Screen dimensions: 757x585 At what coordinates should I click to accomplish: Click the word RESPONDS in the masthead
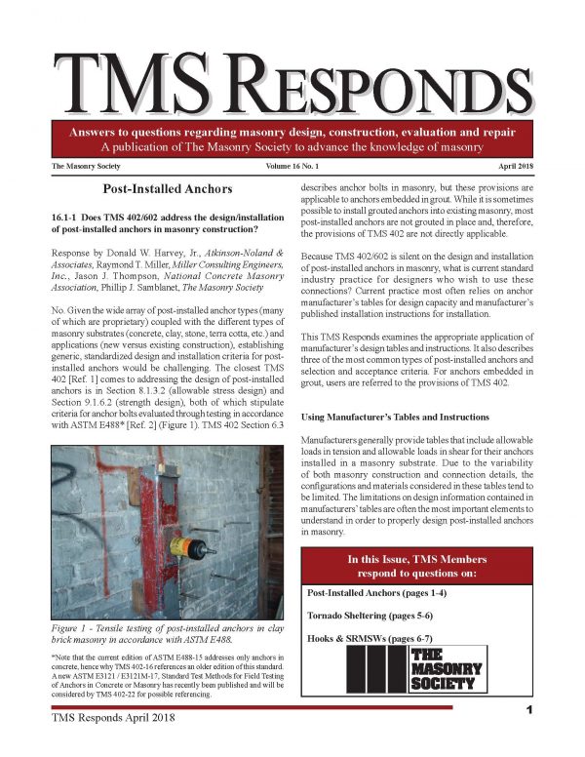pos(386,82)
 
